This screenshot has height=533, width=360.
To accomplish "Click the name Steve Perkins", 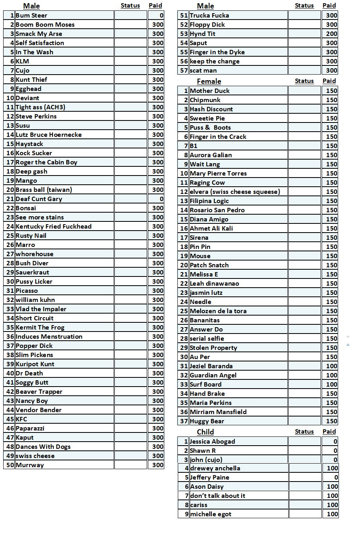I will pos(36,116).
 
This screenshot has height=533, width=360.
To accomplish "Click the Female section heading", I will pos(209,81).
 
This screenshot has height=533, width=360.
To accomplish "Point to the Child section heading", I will pos(205,432).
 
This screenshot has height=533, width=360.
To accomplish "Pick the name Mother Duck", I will pos(210,91).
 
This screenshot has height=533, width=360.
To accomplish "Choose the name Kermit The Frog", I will pos(40,328).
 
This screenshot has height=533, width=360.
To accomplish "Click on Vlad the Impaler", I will pos(41,309).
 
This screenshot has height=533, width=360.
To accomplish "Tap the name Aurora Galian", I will pos(210,155).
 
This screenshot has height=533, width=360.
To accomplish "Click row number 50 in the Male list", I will pos(10,465).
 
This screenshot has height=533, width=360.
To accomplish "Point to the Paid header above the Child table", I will pos(329,432).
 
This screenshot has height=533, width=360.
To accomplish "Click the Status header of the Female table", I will pos(304,81).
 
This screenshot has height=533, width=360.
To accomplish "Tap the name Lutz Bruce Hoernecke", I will pos(48,135).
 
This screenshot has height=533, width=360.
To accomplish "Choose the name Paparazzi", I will pos(30,428).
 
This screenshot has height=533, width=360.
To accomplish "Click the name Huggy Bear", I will pos(207,421).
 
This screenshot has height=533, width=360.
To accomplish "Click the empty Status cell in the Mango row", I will pos(130,181).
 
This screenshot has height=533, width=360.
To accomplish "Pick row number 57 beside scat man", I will pos(184,71).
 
